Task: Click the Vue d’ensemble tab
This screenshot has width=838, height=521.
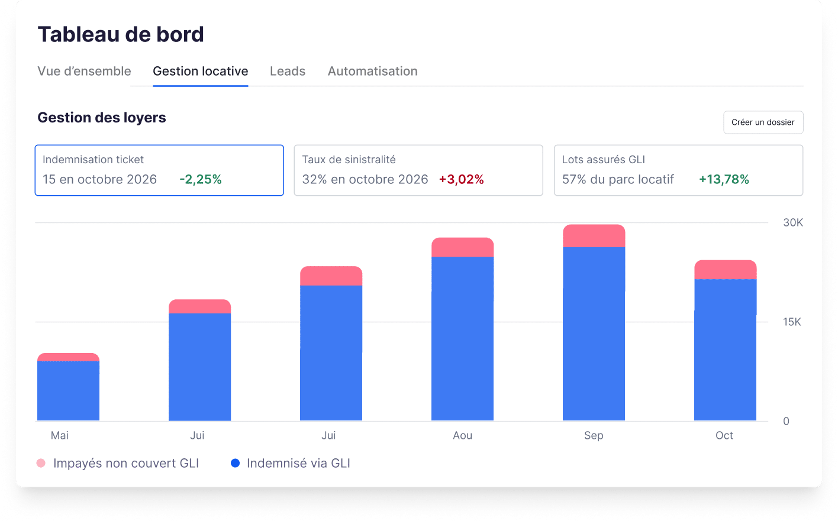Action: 84,72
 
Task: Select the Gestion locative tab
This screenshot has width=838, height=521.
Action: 200,72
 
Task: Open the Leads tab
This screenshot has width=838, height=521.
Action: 288,72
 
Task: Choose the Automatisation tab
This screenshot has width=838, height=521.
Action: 372,72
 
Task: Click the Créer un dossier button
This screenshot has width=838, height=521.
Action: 763,122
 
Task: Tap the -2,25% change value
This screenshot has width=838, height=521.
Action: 201,180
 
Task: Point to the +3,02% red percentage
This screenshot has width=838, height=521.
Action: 461,180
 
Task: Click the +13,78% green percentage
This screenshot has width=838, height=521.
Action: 724,180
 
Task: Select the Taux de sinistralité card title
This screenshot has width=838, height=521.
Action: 349,160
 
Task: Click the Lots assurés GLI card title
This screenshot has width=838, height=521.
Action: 603,160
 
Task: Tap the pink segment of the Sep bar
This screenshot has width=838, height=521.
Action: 594,236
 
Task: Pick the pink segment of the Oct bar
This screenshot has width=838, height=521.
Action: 725,270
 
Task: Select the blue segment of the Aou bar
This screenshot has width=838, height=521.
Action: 462,338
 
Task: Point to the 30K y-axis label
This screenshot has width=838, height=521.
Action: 793,223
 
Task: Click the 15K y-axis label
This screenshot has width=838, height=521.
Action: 792,322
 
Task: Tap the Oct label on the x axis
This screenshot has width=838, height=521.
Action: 724,436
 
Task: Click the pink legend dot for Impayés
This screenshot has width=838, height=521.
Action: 41,464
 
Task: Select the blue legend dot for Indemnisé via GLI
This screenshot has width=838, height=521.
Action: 235,464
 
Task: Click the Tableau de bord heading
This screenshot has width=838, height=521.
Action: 121,35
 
